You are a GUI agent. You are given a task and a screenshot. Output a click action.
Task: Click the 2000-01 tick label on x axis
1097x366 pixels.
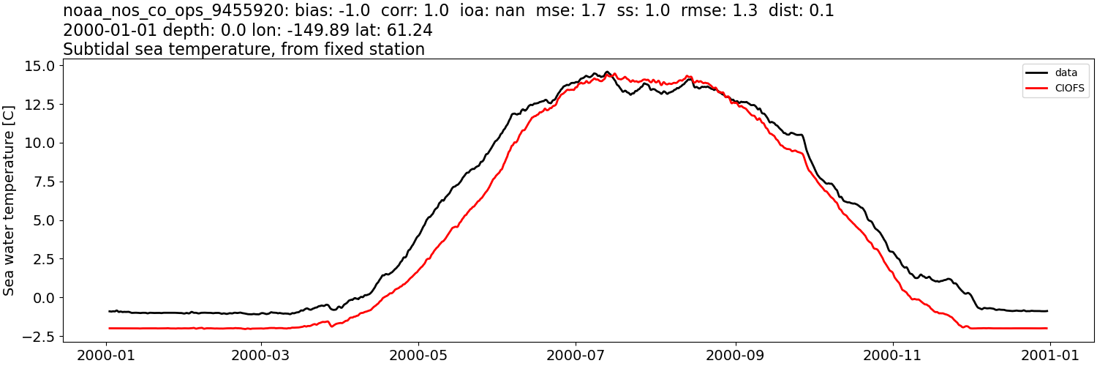coord(107,354)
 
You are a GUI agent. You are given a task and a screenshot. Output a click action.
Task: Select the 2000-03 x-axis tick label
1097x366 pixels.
coord(261,354)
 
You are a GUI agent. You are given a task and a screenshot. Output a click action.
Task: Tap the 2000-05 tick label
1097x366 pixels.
coord(418,354)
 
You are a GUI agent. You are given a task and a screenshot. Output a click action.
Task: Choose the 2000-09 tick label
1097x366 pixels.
coord(735,354)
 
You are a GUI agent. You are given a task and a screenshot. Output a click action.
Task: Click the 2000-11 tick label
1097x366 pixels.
coord(893,354)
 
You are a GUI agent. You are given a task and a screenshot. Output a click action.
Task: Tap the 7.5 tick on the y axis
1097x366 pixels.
coord(44,182)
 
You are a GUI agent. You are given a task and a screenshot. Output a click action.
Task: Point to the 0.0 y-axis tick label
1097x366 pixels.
coord(44,298)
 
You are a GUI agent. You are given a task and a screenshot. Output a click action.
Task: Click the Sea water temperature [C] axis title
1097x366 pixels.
coord(9,200)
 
